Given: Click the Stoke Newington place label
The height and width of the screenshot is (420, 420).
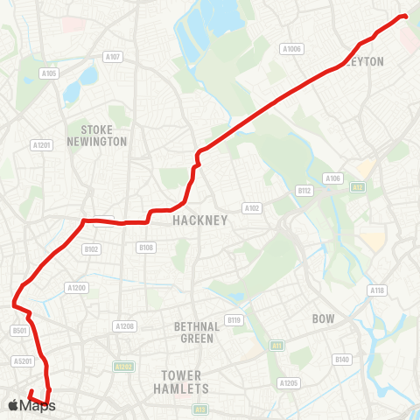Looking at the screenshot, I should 96,135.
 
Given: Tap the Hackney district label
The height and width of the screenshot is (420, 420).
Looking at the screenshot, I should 200,220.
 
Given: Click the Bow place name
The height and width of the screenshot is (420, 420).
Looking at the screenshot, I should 324,319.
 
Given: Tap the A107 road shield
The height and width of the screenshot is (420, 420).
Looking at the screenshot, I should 112,56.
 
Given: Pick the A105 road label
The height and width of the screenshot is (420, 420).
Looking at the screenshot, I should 49,74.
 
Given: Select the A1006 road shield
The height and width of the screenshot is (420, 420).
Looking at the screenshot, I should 291,49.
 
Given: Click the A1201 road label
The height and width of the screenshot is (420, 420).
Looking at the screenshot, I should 40,145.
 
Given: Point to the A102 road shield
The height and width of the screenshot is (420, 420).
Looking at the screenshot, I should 252,208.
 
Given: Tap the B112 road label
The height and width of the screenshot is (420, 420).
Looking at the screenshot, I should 304,190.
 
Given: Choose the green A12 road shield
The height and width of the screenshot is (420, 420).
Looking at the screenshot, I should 358,187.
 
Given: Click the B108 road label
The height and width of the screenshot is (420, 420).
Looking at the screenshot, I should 146,248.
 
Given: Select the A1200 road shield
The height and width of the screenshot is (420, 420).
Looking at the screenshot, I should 77,287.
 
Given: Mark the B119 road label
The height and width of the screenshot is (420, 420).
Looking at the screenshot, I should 234,320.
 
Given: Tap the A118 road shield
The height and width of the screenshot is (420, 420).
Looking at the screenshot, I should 377,290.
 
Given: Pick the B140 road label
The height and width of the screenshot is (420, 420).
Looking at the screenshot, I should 342,360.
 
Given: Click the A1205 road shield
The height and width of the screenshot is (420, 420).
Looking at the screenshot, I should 288,383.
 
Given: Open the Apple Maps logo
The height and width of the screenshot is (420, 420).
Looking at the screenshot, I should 31,405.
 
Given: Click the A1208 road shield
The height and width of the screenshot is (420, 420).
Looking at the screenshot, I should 124,326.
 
